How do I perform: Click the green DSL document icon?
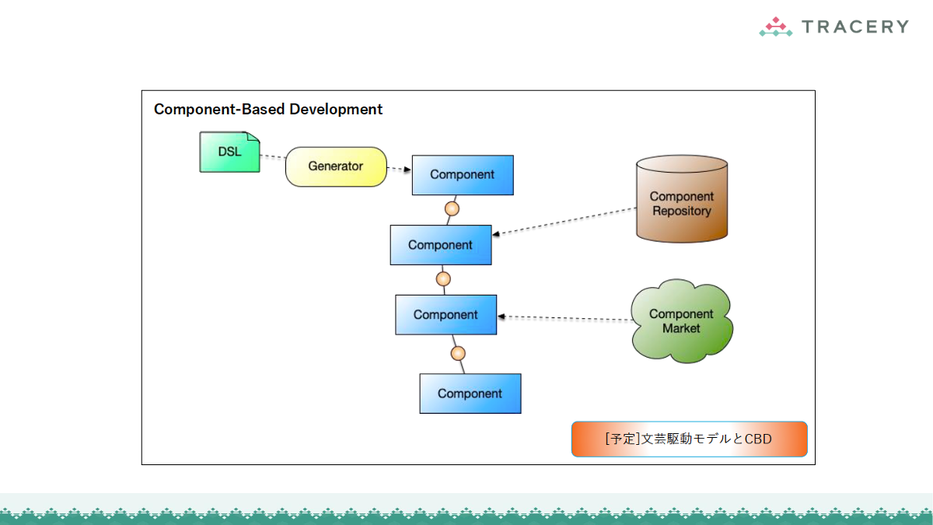tap(229, 152)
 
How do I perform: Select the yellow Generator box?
tap(336, 166)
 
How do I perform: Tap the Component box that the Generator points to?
tap(463, 175)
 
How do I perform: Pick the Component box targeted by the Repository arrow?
tap(441, 245)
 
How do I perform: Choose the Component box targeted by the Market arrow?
tap(446, 315)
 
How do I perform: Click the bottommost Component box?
tap(470, 394)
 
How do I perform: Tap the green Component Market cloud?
tap(682, 322)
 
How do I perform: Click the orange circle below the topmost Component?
tap(452, 208)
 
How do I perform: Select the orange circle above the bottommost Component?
tap(458, 353)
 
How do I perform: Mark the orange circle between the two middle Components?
tap(443, 278)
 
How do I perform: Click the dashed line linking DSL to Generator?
tap(272, 158)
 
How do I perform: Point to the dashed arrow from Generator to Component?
tap(399, 169)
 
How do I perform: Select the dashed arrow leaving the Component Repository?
tap(564, 221)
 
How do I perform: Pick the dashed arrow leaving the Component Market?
tap(564, 317)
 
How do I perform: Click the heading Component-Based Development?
tap(268, 110)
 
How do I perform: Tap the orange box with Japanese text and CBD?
tap(689, 439)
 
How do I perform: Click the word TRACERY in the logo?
tap(854, 27)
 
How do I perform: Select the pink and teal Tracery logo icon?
tap(775, 27)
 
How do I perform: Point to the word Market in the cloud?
tap(681, 329)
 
